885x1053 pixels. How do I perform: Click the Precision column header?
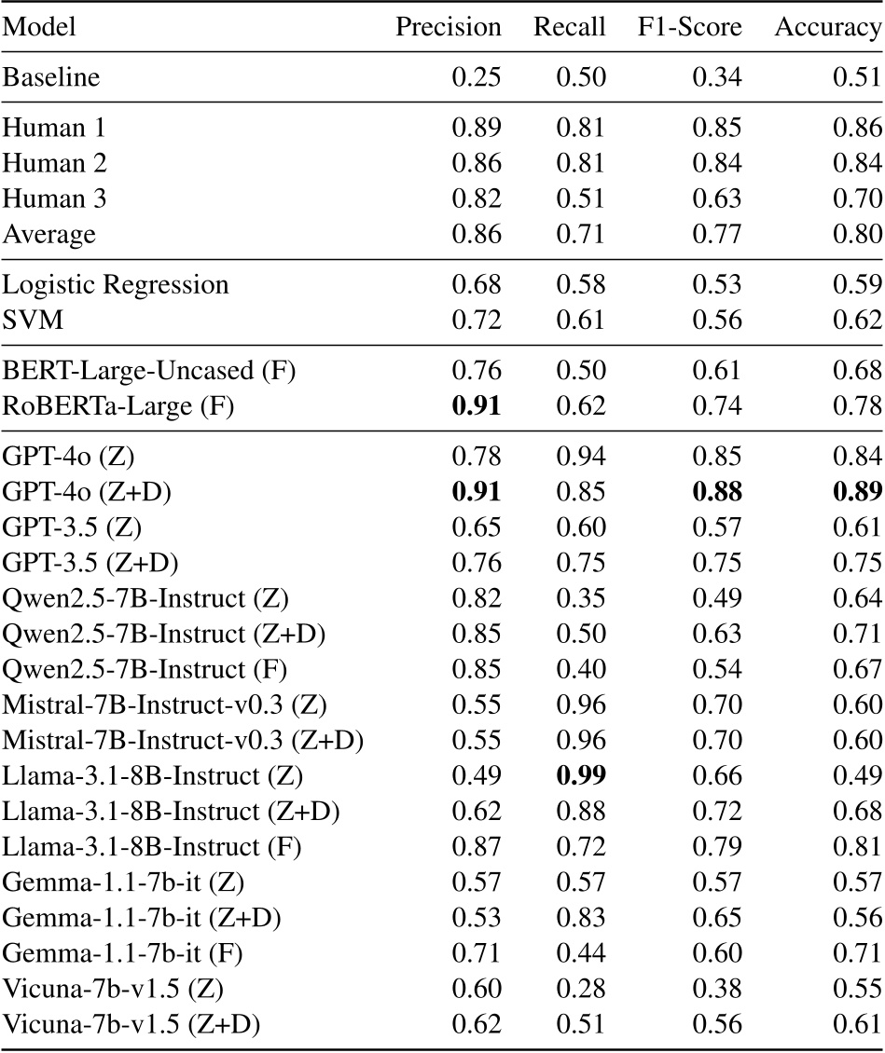click(x=449, y=28)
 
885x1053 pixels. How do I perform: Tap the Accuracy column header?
click(x=828, y=28)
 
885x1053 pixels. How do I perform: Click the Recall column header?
click(x=569, y=28)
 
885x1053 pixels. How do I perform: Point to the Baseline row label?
click(x=51, y=77)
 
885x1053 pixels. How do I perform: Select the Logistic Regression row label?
click(x=116, y=285)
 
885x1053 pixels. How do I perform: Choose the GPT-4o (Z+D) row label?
click(x=84, y=492)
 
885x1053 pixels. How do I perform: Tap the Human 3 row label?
click(x=54, y=199)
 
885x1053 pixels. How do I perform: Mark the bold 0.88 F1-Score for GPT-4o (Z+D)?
click(x=716, y=492)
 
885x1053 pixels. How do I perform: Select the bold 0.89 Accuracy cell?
click(x=856, y=492)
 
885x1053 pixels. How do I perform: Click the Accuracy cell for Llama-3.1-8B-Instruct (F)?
click(x=856, y=844)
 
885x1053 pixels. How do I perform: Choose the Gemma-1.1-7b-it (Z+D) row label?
click(x=142, y=917)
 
